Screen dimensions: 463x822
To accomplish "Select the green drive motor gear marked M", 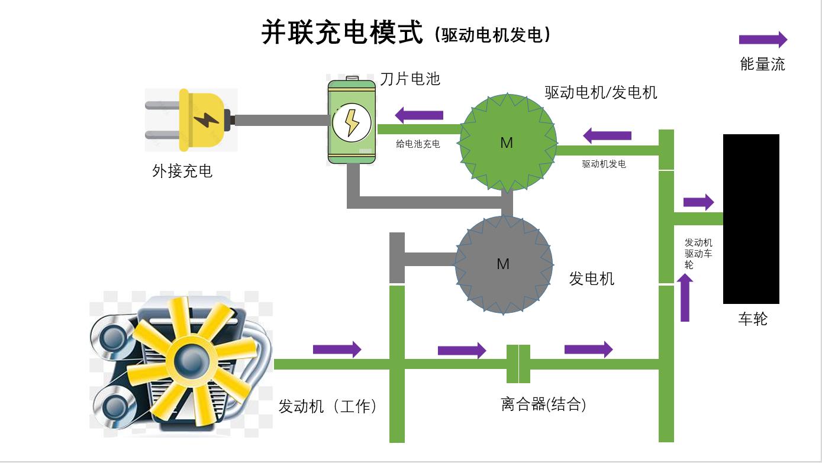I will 507,143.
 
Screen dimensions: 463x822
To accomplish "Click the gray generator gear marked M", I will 503,264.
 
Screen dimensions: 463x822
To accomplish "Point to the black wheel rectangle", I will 751,219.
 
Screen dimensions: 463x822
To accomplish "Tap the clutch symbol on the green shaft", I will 518,363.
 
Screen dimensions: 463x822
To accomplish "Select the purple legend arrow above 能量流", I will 763,40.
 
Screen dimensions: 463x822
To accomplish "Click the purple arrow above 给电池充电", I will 419,115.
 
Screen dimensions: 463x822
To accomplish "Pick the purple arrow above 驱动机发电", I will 607,135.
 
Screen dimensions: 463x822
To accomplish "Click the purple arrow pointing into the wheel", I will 698,202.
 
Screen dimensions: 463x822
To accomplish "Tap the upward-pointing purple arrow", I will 685,299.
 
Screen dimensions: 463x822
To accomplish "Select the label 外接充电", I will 182,171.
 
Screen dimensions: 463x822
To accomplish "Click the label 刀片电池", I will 410,79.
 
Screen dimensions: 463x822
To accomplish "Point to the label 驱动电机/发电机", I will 601,92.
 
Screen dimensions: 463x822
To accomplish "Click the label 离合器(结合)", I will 544,404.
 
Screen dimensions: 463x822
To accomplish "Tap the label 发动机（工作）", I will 327,406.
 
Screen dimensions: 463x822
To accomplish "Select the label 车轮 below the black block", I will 753,319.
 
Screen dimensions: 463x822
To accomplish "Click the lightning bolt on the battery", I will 352,122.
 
